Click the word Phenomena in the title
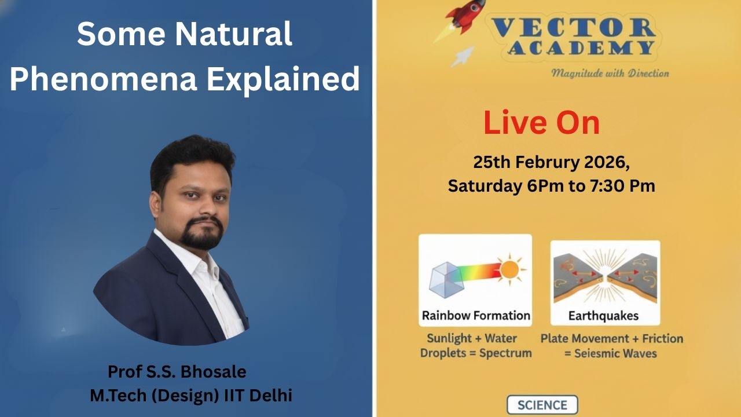(103, 79)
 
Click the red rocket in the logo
(469, 16)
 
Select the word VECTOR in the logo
(573, 28)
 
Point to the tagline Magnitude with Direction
(610, 73)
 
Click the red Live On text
(541, 123)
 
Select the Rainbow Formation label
(475, 316)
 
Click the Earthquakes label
(603, 316)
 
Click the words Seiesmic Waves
(615, 353)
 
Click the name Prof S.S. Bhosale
(177, 371)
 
